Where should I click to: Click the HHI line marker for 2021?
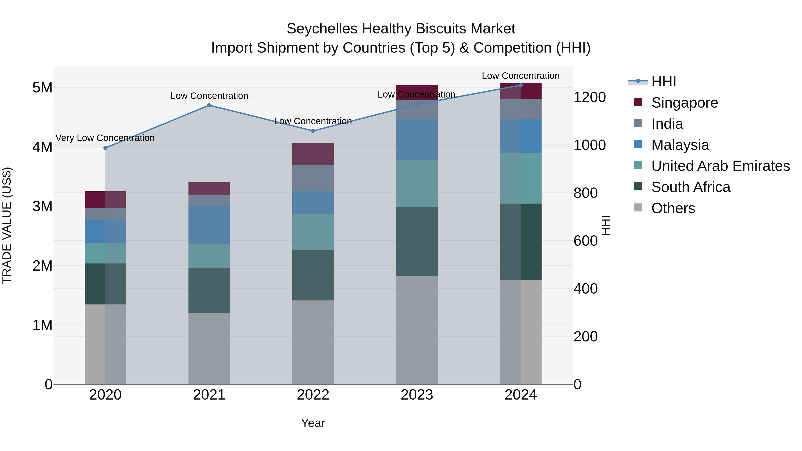click(x=209, y=105)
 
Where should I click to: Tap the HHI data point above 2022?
click(x=313, y=131)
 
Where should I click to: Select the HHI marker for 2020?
click(x=105, y=148)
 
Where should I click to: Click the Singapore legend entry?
click(x=684, y=103)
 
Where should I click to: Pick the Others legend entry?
click(x=673, y=208)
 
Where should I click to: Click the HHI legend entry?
click(x=663, y=82)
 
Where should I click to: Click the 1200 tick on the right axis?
click(x=589, y=97)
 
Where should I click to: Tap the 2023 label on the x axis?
click(x=417, y=395)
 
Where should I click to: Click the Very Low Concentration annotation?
click(x=105, y=138)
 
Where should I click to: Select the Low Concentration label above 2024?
click(x=521, y=76)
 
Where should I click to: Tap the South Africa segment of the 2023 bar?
click(x=417, y=241)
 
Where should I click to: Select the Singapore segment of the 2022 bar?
click(x=313, y=154)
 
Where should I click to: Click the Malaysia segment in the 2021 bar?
click(x=209, y=224)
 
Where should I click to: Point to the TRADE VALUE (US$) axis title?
click(x=7, y=225)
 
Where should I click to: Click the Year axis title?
click(x=313, y=423)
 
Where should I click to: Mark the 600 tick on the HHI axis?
click(x=585, y=241)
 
